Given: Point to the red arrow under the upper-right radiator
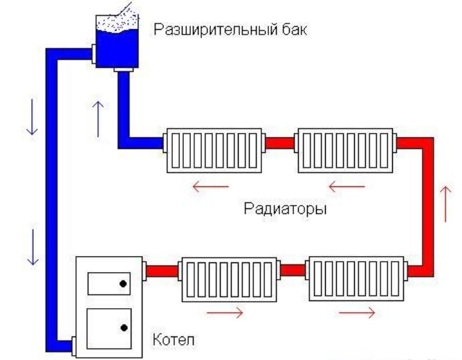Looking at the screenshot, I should tap(345, 186).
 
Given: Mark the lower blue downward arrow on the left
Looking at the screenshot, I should tap(30, 246).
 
